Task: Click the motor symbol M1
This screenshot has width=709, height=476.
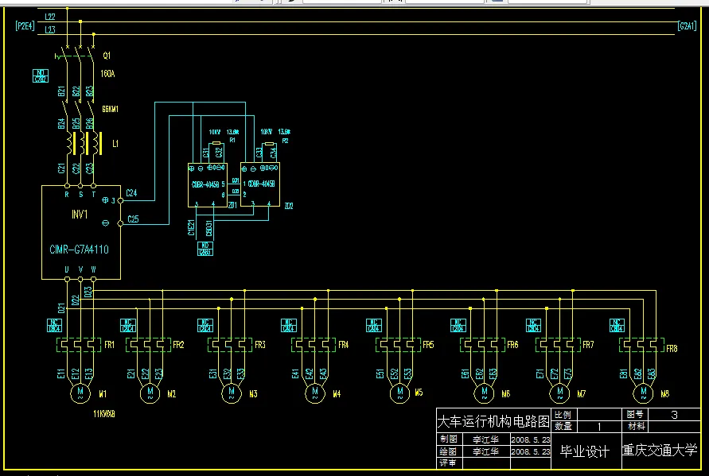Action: [80, 392]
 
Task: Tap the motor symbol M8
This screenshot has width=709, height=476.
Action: [641, 392]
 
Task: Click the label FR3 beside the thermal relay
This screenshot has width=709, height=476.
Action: [260, 345]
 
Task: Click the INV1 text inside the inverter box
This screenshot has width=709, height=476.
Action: [80, 215]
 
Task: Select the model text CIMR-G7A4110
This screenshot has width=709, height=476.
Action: [80, 249]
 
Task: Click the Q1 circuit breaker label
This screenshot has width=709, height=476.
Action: [107, 56]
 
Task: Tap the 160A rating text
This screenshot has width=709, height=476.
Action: [107, 74]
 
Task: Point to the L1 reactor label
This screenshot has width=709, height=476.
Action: [115, 144]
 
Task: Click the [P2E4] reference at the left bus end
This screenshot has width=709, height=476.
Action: [25, 26]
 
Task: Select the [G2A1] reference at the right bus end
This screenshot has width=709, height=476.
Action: [687, 26]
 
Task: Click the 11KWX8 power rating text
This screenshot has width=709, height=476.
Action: [104, 414]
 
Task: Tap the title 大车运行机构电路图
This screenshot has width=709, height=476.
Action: [493, 420]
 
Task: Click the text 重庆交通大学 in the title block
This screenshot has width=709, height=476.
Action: [659, 451]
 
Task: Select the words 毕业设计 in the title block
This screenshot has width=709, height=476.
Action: [585, 451]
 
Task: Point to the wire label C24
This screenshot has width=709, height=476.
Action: [132, 193]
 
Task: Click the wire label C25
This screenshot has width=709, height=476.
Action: [133, 219]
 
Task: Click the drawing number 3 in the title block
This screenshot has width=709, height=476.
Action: [675, 415]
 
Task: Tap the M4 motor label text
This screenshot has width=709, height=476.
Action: [337, 394]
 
